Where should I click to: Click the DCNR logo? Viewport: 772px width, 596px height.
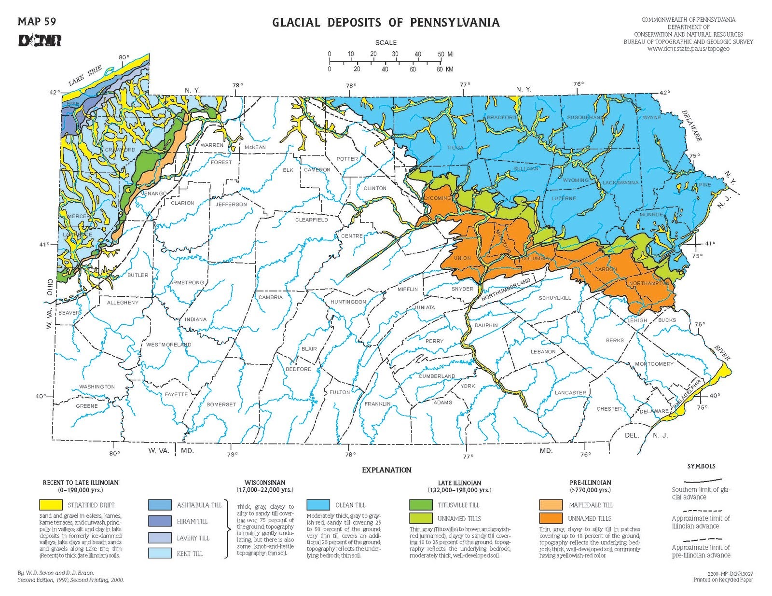coord(40,41)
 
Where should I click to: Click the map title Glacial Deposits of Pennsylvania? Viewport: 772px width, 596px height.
coord(386,23)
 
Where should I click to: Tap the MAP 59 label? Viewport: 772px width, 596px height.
coord(37,22)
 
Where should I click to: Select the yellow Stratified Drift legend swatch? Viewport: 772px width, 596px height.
coord(51,505)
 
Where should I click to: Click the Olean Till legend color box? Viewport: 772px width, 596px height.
coord(318,505)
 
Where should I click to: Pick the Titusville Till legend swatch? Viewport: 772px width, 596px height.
coord(421,505)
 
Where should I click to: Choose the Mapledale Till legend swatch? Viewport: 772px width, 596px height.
coord(551,505)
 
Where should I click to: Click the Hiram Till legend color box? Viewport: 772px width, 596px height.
coord(160,521)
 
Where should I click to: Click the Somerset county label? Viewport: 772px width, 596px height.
coord(221,404)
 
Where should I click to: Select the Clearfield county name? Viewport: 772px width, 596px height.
coord(311,220)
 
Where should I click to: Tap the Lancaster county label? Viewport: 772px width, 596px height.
coord(570,392)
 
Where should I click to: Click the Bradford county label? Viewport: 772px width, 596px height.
coord(501,117)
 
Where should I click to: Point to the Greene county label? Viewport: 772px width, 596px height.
coord(87,406)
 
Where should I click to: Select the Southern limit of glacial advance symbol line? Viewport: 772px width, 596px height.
coord(697,481)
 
